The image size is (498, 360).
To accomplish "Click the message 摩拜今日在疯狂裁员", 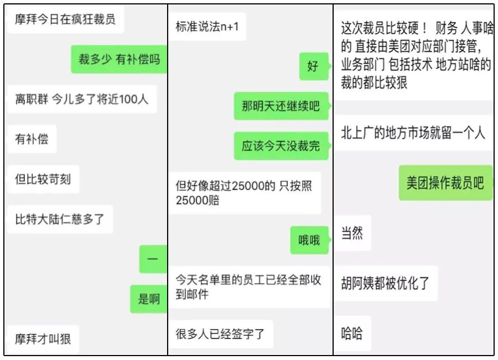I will (65, 20).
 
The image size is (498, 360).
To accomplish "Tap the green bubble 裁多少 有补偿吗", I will (119, 59).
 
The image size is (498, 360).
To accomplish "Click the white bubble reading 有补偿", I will (32, 139).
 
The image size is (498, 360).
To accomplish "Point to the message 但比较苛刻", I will (43, 179).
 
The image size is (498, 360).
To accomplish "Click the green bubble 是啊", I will (149, 300).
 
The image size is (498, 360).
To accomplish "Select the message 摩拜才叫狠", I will (43, 337).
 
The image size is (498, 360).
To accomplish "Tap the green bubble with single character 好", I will (313, 66).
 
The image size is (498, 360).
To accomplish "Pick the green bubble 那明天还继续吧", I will (281, 106).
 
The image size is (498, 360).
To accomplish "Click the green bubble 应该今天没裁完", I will (281, 146).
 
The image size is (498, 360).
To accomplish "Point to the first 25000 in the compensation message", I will (250, 186).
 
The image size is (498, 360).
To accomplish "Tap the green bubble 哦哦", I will (309, 240).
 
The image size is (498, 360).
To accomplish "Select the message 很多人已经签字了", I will (220, 334).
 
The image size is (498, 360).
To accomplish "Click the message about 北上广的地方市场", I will (413, 133).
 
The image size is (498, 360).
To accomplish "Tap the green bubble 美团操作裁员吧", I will (445, 182).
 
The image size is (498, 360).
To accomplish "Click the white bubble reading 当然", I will (352, 233).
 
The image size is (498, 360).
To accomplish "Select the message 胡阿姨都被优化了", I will (385, 283).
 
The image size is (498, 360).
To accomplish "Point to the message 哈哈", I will (352, 333).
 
